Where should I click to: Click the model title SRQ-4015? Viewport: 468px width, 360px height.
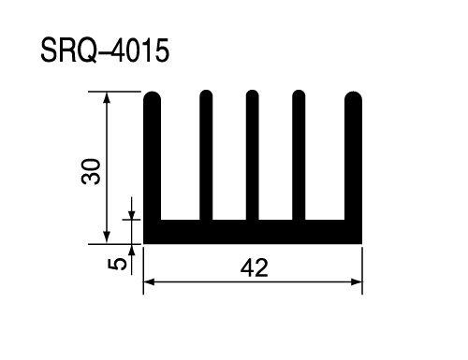[105, 50]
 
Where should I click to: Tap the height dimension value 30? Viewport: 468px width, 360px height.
[91, 171]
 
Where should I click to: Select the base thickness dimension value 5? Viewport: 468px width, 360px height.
[117, 265]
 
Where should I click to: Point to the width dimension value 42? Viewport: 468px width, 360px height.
[254, 267]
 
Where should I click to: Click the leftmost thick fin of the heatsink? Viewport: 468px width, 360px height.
[152, 155]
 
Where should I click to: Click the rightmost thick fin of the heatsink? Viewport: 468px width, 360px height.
[353, 155]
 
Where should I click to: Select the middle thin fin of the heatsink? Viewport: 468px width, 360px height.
[252, 155]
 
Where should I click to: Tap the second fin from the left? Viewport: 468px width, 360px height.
[206, 155]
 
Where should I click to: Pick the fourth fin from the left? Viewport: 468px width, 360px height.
[299, 155]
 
